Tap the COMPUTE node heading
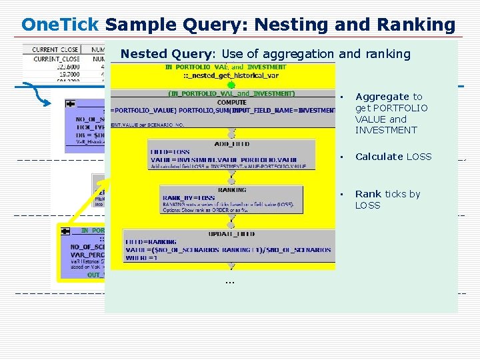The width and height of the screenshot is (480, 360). point(231,102)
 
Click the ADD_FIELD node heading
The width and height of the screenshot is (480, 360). point(231,143)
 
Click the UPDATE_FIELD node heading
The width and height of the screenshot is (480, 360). point(231,235)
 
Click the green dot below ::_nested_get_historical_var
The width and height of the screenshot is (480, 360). point(231,85)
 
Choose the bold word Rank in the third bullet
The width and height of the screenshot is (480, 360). point(368,194)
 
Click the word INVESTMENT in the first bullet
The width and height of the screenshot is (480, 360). point(386,130)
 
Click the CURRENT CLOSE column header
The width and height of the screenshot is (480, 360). point(55,49)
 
